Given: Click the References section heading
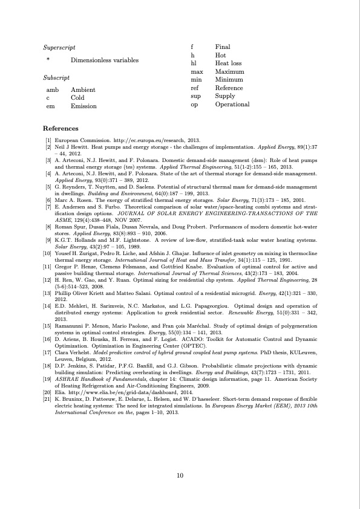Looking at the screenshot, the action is click(61, 129).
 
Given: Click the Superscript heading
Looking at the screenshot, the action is click(59, 47).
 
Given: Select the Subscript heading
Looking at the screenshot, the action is click(56, 78).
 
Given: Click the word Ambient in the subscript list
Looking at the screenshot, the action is click(83, 90).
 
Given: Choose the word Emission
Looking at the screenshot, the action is click(83, 106).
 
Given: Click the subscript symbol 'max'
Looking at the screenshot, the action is click(196, 71).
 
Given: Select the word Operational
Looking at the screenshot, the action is click(232, 104).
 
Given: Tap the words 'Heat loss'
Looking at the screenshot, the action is click(228, 63).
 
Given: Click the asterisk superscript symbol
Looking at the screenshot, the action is click(48, 60).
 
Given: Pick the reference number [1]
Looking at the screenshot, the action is click(47, 140).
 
